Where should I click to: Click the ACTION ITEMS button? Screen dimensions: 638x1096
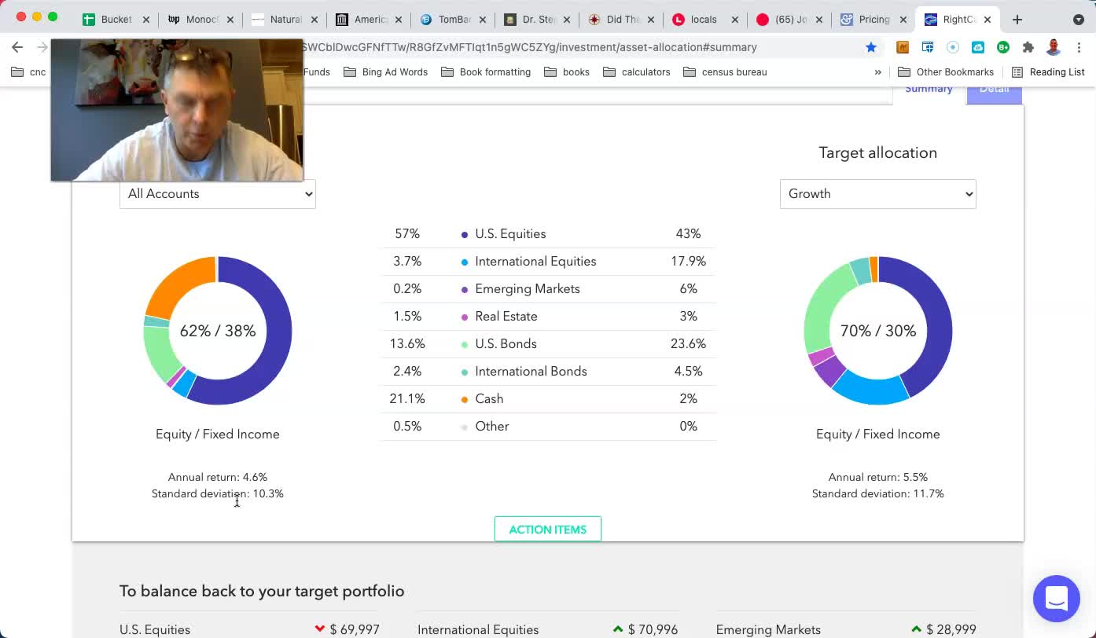(x=547, y=530)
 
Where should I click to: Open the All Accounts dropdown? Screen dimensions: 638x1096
(x=217, y=194)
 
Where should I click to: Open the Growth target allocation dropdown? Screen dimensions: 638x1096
(x=877, y=194)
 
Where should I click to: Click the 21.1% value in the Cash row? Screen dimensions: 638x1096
(x=407, y=399)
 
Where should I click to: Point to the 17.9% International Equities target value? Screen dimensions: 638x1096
(x=688, y=262)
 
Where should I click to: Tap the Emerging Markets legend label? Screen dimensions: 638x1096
(x=527, y=289)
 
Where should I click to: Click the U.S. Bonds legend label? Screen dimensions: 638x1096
(x=506, y=344)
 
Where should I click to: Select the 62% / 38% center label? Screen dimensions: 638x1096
(x=218, y=332)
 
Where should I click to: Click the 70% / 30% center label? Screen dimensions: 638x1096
(x=878, y=332)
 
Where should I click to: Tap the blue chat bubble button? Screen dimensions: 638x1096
(x=1057, y=599)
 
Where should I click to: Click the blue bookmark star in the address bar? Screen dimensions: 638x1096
(x=871, y=47)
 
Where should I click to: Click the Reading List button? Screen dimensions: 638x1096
(x=1048, y=72)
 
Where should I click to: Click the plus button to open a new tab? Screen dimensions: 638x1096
(x=1017, y=20)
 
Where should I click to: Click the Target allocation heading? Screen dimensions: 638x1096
(x=877, y=153)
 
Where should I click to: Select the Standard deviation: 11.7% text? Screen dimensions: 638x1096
(x=877, y=494)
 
